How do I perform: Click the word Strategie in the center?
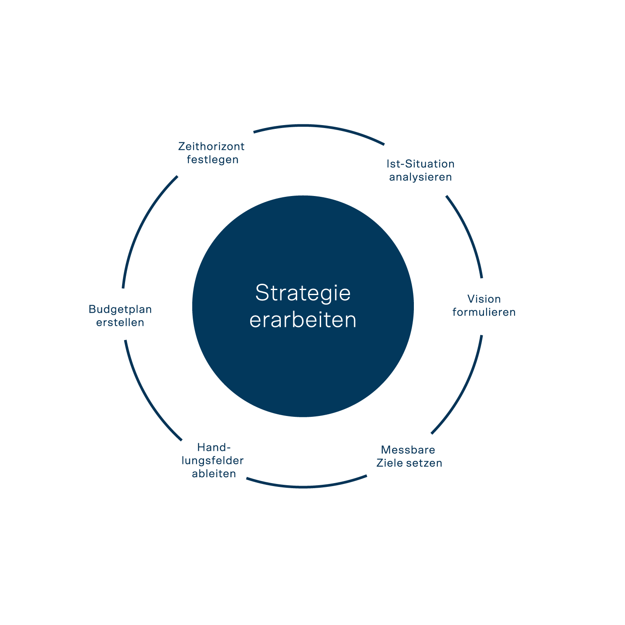pos(303,293)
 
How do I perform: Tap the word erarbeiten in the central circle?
pos(303,320)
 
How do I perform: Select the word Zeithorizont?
pos(211,146)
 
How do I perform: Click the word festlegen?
pos(212,160)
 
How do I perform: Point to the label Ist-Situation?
pos(420,164)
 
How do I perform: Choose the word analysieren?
pos(420,177)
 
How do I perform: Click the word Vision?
pos(484,299)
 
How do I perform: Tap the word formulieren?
pos(484,312)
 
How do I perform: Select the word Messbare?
pos(408,450)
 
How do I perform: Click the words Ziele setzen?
pos(409,463)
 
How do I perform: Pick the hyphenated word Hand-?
pos(214,447)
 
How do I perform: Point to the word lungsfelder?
pos(212,460)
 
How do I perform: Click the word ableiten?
pos(214,473)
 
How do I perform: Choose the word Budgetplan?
pos(120,309)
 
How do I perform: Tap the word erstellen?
pos(120,322)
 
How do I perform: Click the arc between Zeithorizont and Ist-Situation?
pos(319,126)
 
